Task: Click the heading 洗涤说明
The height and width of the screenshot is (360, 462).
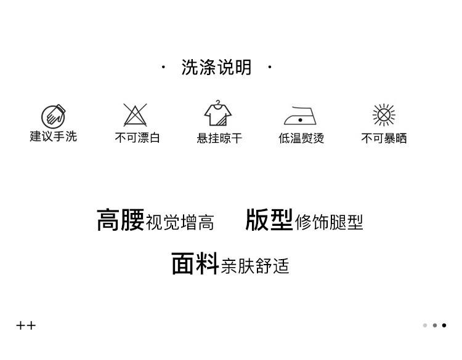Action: pos(216,67)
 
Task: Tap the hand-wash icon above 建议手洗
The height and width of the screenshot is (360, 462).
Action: pos(54,116)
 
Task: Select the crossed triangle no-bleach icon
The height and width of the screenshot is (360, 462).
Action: pos(135,115)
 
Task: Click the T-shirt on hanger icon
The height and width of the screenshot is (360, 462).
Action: pos(218,114)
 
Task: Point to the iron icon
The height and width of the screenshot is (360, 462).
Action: pos(300,116)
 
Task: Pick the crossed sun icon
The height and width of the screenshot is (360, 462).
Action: pos(384,115)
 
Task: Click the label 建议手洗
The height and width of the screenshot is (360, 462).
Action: pos(54,137)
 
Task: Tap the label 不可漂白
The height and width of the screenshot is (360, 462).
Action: pos(137,138)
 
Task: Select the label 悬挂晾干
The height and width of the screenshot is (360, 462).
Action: pos(219,138)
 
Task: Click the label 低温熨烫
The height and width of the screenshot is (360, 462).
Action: pos(301,138)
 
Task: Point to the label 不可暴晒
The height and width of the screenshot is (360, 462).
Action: pos(384,138)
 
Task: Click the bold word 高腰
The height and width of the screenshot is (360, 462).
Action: pos(120,220)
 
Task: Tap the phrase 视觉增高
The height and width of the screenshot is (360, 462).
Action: pos(180,222)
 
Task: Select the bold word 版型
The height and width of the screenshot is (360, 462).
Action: pos(269,219)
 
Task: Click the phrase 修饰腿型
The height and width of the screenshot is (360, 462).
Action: pos(329,222)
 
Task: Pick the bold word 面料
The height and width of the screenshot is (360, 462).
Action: pos(195,263)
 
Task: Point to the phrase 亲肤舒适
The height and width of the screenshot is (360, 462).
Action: pos(255,266)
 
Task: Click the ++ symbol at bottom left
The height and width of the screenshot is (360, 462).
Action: pos(26,326)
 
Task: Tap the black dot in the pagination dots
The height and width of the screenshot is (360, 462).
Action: pos(444,326)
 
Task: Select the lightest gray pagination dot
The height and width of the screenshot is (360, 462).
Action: pos(425,326)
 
